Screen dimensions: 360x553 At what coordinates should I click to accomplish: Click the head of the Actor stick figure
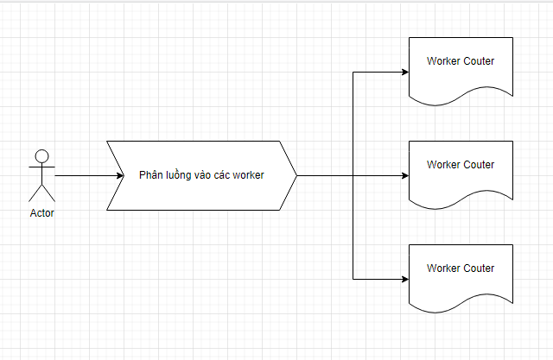coord(41,156)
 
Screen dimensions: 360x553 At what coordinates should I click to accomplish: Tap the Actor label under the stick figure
coord(41,213)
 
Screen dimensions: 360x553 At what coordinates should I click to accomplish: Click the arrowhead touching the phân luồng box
coord(119,175)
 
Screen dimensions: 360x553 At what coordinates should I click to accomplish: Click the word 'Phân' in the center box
coord(152,175)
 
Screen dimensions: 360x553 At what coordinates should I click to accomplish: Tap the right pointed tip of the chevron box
coord(296,175)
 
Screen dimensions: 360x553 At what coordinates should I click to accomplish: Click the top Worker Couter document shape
coord(461,69)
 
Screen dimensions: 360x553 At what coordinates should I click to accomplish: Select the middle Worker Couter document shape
coord(461,173)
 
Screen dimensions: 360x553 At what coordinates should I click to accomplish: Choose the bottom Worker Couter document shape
coord(461,276)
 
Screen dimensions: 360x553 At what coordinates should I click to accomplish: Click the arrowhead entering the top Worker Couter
coord(404,72)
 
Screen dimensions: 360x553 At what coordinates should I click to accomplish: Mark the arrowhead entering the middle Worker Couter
coord(404,175)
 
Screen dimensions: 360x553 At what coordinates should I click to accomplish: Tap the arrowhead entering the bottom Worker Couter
coord(404,279)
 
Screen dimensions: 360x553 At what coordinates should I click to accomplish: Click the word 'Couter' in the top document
coord(479,61)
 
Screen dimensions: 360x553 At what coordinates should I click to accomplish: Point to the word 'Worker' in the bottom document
coord(444,268)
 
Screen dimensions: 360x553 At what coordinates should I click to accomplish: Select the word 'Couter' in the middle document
coord(479,165)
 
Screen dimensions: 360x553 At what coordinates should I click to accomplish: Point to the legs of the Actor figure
coord(41,192)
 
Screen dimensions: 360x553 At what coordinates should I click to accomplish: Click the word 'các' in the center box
coord(224,175)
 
